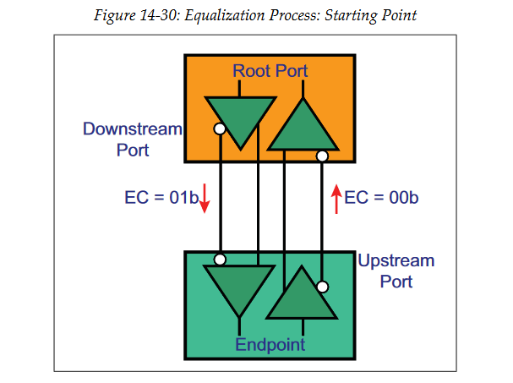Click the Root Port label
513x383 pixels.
pyautogui.click(x=270, y=71)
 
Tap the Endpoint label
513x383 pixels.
pyautogui.click(x=270, y=344)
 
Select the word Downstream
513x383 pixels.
pyautogui.click(x=132, y=129)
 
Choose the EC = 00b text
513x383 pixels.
pyautogui.click(x=382, y=199)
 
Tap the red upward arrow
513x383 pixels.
pyautogui.click(x=336, y=199)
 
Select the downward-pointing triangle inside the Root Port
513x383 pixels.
pyautogui.click(x=239, y=118)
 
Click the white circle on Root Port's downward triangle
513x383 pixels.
pyautogui.click(x=220, y=129)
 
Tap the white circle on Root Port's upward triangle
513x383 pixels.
pyautogui.click(x=322, y=156)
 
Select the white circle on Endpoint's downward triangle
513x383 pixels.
pyautogui.click(x=220, y=259)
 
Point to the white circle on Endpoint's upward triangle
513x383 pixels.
pyautogui.click(x=322, y=287)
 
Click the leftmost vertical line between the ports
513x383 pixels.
pyautogui.click(x=220, y=194)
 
